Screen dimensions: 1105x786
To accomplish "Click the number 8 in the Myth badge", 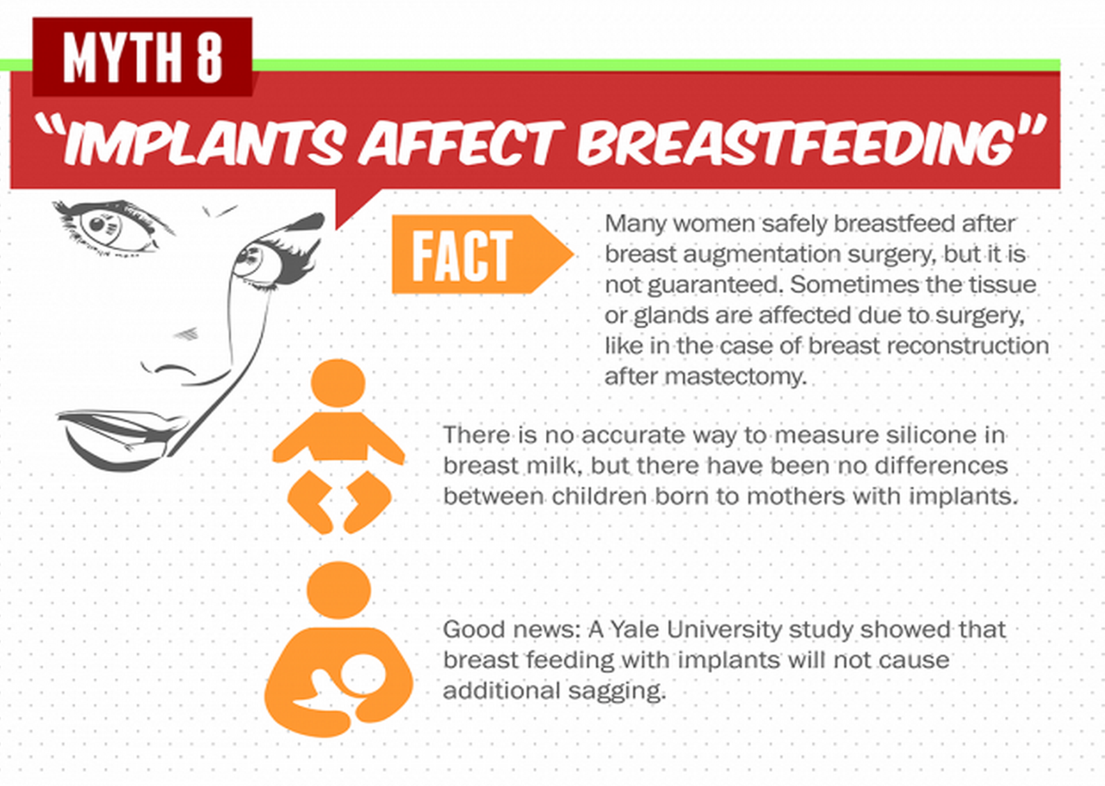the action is (209, 57).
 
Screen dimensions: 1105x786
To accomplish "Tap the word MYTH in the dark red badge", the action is (122, 57).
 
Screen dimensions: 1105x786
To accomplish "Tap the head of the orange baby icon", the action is (338, 383).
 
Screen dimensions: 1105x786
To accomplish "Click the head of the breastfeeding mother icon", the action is (339, 589).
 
